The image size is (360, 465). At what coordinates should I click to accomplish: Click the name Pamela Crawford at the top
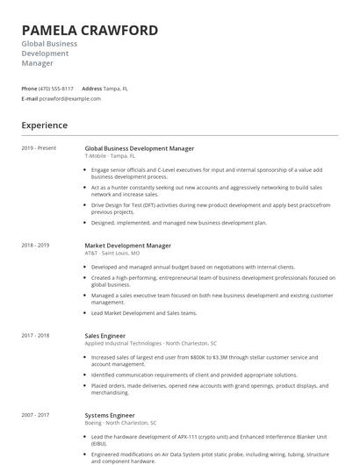click(x=90, y=31)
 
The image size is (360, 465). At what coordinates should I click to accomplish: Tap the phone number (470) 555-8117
click(x=56, y=89)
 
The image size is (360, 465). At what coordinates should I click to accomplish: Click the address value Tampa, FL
click(x=117, y=89)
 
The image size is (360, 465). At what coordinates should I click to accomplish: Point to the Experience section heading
click(x=44, y=125)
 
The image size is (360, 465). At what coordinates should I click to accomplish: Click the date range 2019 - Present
click(x=39, y=148)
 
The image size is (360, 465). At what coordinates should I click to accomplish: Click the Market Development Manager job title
click(x=127, y=246)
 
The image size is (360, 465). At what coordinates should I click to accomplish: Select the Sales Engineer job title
click(x=105, y=336)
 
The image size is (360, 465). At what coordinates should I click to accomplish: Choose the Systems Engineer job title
click(x=110, y=415)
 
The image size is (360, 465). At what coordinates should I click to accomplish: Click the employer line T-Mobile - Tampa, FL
click(x=111, y=156)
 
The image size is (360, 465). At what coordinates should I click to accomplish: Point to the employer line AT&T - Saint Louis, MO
click(x=115, y=254)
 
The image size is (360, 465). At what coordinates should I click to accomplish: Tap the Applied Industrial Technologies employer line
click(x=150, y=344)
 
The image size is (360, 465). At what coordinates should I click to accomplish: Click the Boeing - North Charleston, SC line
click(x=120, y=423)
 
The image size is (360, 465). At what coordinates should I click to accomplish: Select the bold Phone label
click(x=29, y=89)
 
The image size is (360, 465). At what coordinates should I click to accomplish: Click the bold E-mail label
click(x=30, y=98)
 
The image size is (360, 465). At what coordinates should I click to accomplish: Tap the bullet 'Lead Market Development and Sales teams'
click(x=144, y=313)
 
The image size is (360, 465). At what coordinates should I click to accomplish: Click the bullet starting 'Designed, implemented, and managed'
click(x=178, y=223)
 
